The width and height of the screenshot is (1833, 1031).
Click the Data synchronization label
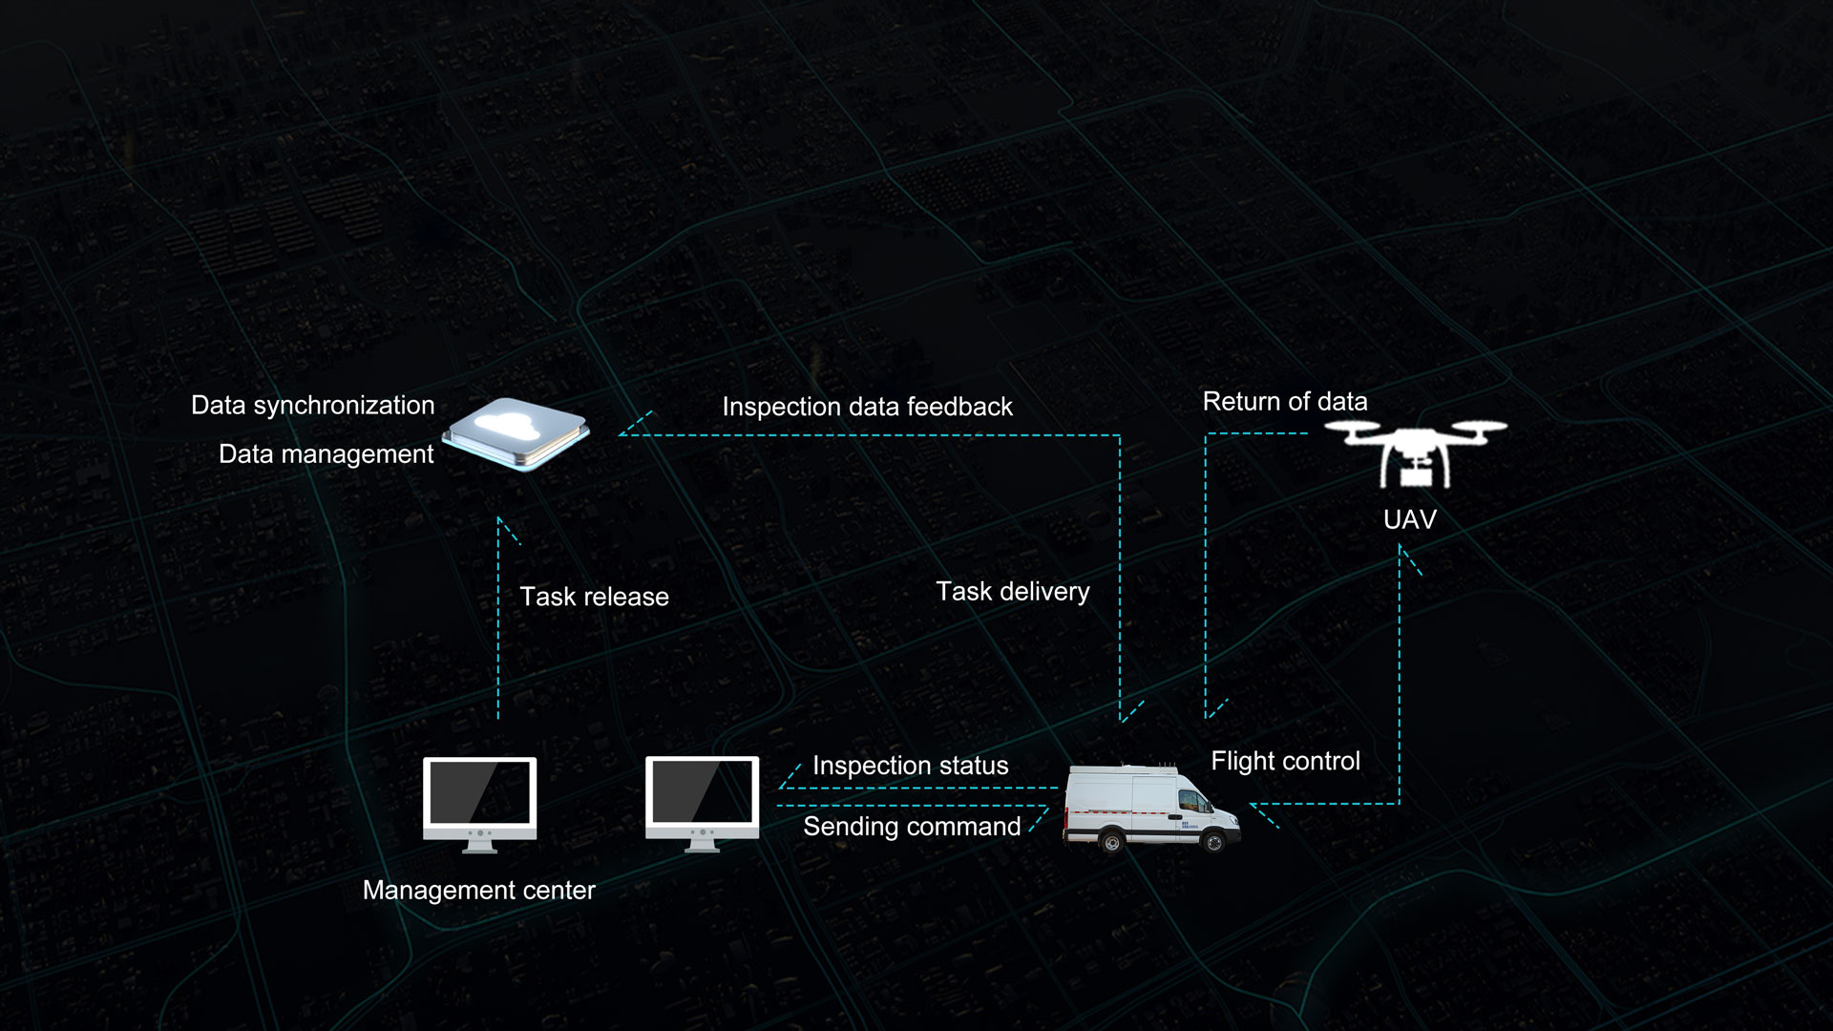[x=312, y=405]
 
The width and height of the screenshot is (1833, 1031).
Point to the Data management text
[x=326, y=453]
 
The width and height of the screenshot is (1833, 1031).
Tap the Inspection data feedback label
[x=867, y=407]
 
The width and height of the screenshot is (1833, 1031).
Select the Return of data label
[x=1284, y=401]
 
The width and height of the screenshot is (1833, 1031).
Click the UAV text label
[x=1409, y=519]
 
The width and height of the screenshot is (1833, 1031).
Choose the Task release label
[x=594, y=597]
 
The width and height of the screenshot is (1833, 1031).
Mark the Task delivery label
[x=1012, y=592]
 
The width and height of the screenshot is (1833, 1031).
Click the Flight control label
[x=1285, y=761]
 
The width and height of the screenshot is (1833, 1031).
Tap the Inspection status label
[x=910, y=766]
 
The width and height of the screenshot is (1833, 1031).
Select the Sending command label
[x=912, y=827]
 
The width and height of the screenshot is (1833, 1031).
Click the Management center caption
[x=478, y=890]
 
